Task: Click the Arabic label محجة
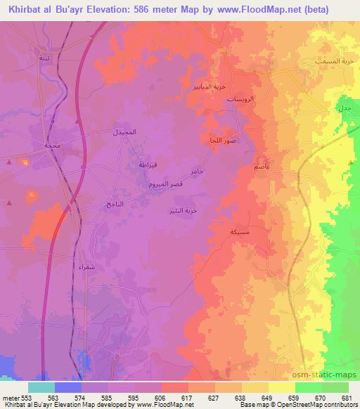[52, 145]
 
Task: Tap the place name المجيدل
[125, 132]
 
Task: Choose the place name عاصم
[262, 168]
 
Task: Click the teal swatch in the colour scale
[41, 387]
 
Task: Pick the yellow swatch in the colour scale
[282, 387]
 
